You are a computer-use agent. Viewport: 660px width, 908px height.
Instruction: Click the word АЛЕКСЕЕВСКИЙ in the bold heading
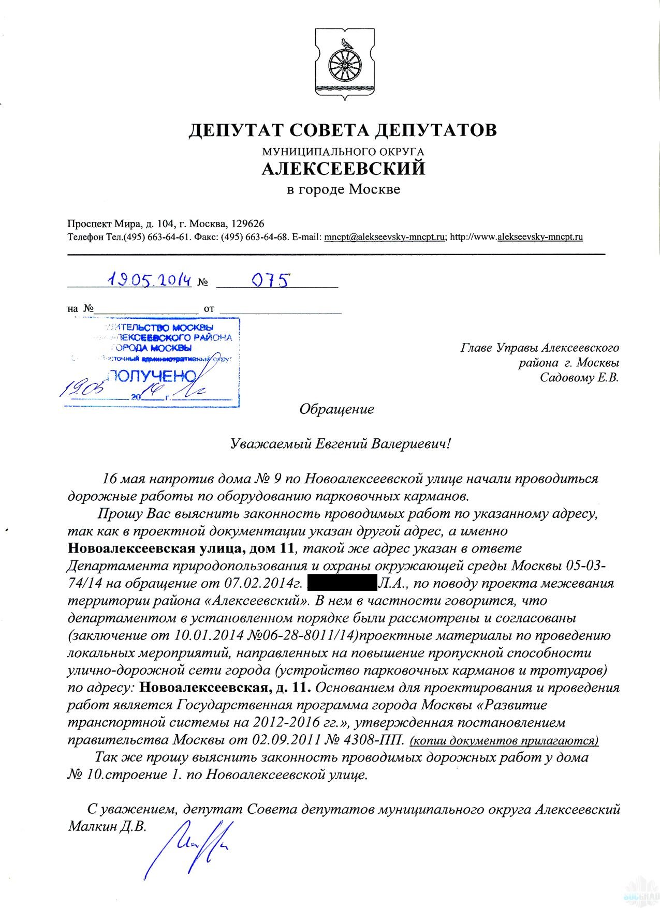tap(343, 169)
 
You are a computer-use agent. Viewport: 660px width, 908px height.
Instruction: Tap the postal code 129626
tap(247, 224)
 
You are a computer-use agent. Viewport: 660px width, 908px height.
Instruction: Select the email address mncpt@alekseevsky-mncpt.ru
tap(385, 237)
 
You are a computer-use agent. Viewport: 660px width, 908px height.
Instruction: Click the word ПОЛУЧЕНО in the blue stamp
tap(152, 376)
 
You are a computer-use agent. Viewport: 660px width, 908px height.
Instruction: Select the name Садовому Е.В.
tap(579, 378)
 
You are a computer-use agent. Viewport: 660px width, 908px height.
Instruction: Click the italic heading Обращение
tap(336, 410)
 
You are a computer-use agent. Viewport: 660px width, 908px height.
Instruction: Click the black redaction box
tap(342, 584)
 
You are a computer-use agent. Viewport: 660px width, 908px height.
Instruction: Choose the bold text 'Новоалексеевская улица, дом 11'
tap(182, 548)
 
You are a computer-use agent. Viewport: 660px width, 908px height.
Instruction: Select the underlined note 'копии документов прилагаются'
tap(504, 740)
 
